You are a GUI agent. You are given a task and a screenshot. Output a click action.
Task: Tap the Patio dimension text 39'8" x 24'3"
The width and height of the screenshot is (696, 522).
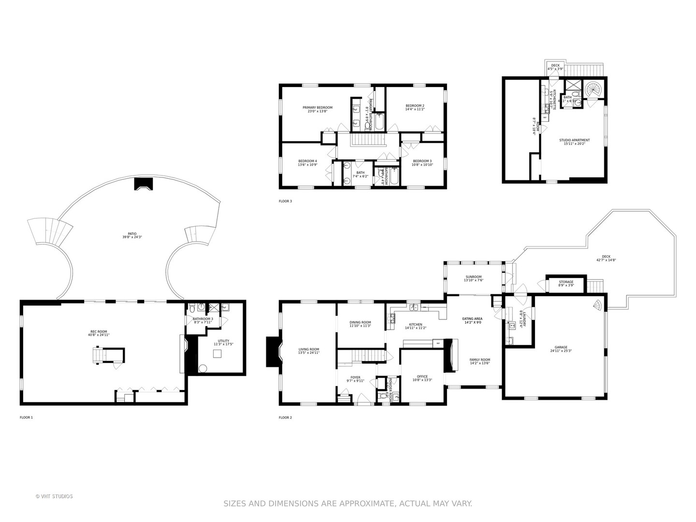pyautogui.click(x=132, y=237)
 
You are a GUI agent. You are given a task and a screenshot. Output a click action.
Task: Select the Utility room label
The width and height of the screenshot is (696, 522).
pyautogui.click(x=223, y=341)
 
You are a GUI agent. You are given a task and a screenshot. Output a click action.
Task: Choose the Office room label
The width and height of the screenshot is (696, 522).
pyautogui.click(x=422, y=377)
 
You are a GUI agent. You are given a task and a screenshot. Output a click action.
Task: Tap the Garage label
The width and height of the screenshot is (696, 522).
pyautogui.click(x=561, y=347)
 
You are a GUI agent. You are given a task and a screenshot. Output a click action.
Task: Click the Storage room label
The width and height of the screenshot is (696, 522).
pyautogui.click(x=566, y=282)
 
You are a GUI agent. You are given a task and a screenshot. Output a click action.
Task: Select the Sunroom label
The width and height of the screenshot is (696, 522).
pyautogui.click(x=473, y=277)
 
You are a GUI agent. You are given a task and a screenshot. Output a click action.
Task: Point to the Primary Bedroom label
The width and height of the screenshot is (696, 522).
pyautogui.click(x=318, y=107)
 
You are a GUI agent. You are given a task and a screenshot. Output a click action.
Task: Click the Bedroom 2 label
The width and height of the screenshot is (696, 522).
pyautogui.click(x=415, y=105)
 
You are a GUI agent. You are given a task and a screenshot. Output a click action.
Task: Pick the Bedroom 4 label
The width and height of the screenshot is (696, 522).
pyautogui.click(x=307, y=161)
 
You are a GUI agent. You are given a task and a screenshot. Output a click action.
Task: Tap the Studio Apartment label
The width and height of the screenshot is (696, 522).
pyautogui.click(x=574, y=140)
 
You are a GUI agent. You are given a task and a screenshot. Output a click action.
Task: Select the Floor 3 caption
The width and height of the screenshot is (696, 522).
pyautogui.click(x=285, y=201)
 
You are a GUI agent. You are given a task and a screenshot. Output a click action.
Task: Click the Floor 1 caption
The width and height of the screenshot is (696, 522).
pyautogui.click(x=26, y=417)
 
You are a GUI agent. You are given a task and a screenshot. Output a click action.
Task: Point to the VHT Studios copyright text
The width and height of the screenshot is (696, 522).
pyautogui.click(x=54, y=496)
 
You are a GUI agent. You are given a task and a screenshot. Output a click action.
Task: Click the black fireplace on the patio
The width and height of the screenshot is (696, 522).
pyautogui.click(x=143, y=184)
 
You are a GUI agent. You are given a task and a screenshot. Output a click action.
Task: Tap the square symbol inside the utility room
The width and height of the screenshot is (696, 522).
pyautogui.click(x=217, y=353)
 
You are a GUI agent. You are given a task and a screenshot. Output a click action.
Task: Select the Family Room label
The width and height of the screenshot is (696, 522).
pyautogui.click(x=479, y=360)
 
